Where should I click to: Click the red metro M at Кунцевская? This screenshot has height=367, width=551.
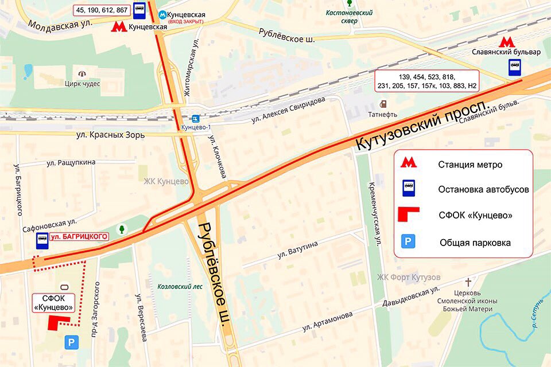tap(119, 26)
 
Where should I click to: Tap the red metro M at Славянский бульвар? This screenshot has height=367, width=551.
tap(506, 42)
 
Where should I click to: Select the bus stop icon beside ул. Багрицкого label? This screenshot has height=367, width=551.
tap(42, 241)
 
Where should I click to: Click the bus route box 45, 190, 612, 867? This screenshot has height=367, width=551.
tap(101, 10)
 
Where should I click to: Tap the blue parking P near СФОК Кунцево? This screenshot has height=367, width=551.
tap(71, 342)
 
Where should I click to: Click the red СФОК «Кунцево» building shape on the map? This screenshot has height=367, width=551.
tap(57, 322)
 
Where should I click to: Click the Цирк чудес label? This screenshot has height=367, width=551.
tap(82, 84)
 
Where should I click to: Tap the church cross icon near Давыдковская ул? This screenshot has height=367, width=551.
tap(468, 282)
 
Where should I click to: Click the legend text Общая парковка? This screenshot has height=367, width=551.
tap(475, 243)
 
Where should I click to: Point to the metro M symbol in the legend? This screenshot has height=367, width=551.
tap(409, 163)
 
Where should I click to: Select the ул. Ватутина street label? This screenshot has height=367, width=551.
tap(297, 250)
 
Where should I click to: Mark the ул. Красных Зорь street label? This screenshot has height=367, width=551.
tap(110, 135)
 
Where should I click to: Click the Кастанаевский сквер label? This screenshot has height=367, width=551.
tap(349, 17)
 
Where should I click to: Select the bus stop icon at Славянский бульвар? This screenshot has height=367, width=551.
tap(514, 69)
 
